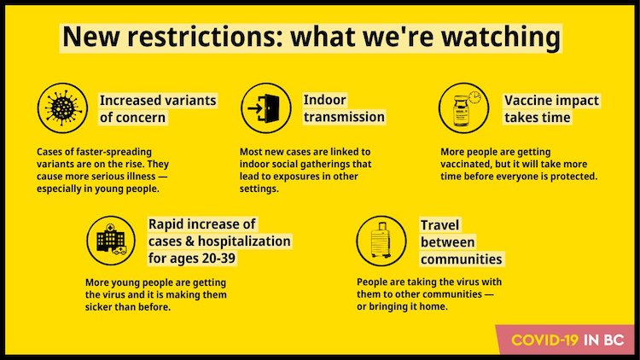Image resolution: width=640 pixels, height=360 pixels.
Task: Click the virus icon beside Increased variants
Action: pyautogui.click(x=62, y=108)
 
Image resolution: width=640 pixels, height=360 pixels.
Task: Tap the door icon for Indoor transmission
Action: pyautogui.click(x=266, y=108)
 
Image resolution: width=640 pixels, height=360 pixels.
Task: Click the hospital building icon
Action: pyautogui.click(x=111, y=241)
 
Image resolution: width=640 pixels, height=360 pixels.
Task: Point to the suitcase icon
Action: pyautogui.click(x=381, y=241)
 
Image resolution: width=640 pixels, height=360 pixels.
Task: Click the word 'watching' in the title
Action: pyautogui.click(x=501, y=37)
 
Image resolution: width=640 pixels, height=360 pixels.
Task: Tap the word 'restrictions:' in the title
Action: pyautogui.click(x=201, y=37)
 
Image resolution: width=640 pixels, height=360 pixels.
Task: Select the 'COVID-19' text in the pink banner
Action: pyautogui.click(x=545, y=340)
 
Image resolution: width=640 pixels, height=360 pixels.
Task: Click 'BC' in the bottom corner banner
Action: pyautogui.click(x=614, y=340)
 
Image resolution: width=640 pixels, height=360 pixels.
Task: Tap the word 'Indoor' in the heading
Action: pyautogui.click(x=325, y=100)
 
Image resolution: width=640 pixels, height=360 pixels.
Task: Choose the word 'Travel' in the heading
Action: pyautogui.click(x=439, y=225)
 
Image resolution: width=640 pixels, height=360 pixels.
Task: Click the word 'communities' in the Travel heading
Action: pyautogui.click(x=461, y=259)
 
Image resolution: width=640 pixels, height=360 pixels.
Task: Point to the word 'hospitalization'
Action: pyautogui.click(x=244, y=241)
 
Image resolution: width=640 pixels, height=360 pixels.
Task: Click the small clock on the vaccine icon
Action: pyautogui.click(x=474, y=97)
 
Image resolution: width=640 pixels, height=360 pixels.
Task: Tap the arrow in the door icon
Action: pyautogui.click(x=254, y=108)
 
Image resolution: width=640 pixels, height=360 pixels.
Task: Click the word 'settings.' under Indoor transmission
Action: pyautogui.click(x=259, y=189)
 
